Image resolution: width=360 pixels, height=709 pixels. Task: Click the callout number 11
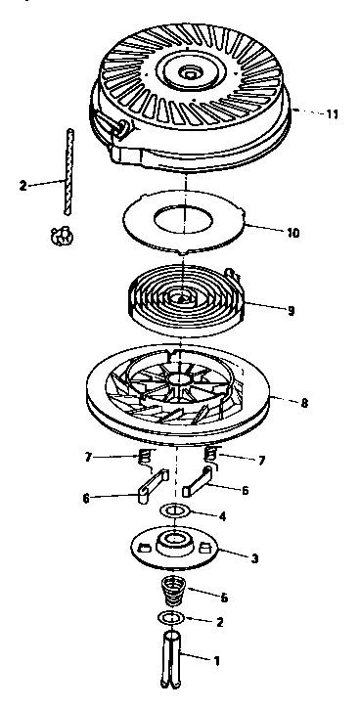333,114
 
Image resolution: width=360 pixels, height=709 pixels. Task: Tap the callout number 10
292,234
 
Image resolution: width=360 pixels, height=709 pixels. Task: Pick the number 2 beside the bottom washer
219,621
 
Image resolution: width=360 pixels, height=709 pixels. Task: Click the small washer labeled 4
176,511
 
